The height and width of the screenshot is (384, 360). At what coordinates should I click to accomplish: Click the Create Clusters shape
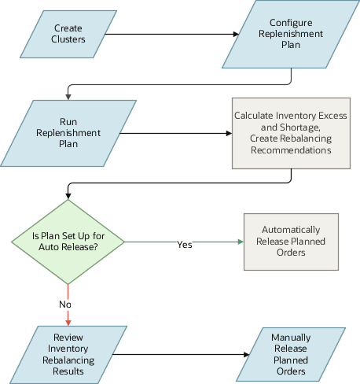(68, 34)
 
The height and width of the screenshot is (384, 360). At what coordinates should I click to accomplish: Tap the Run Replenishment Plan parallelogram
(69, 133)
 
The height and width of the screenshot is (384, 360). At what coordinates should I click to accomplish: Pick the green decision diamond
(67, 241)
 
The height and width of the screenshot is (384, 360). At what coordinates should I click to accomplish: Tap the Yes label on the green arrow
(184, 245)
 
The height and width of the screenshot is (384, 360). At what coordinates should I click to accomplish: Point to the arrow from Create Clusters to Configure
(169, 34)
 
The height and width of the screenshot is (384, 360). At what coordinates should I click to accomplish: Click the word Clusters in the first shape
(69, 40)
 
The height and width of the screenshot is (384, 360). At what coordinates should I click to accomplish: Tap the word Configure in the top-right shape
(292, 23)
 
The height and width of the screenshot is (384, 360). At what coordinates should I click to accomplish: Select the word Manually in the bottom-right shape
(290, 338)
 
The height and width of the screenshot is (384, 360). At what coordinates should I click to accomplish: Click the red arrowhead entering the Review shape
(68, 321)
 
